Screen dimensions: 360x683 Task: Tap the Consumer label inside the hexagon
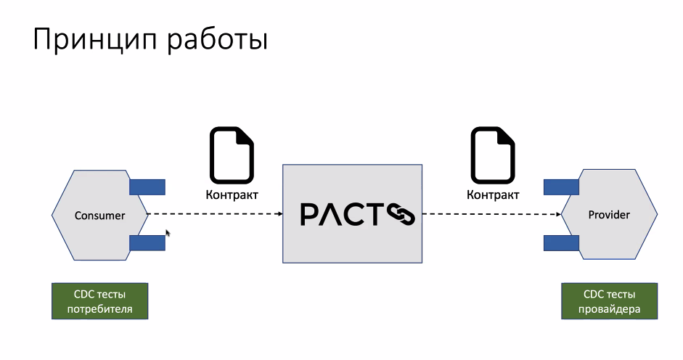pos(100,216)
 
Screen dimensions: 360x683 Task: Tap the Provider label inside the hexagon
pos(609,215)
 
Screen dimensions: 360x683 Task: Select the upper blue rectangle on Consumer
pos(147,187)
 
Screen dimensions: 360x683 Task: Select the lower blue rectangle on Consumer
pos(147,242)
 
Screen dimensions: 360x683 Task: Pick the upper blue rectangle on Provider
pos(561,187)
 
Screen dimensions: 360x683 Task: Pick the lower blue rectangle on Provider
pos(561,242)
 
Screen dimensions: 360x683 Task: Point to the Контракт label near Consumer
pos(232,195)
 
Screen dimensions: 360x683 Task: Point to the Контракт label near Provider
pos(493,195)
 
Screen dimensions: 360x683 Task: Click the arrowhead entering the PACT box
pos(278,214)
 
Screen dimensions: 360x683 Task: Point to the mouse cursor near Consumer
pos(168,233)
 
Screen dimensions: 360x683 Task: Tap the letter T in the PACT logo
pos(375,214)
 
